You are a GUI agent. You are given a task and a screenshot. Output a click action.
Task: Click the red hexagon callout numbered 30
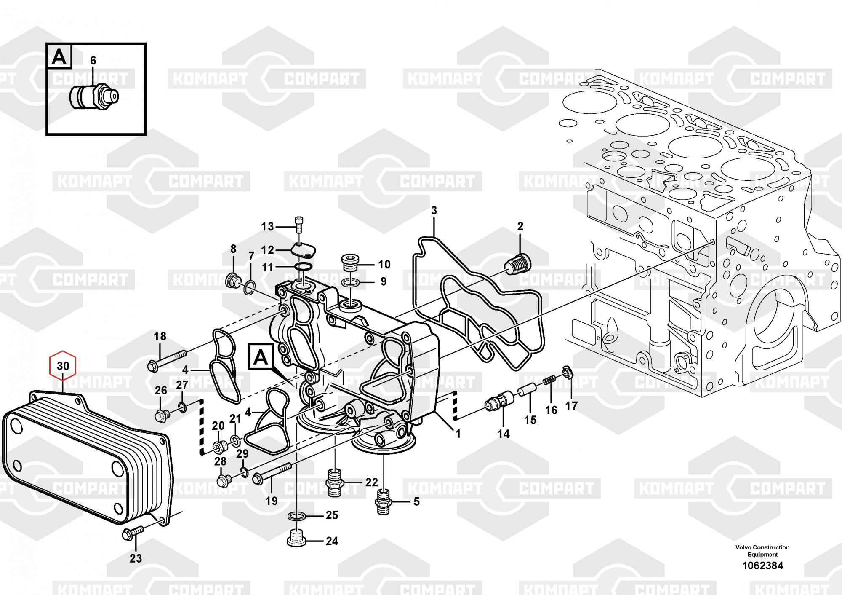pyautogui.click(x=63, y=365)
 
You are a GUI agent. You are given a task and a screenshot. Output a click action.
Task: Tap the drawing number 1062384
pyautogui.click(x=762, y=566)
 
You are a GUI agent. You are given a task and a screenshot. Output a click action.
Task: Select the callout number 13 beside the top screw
pyautogui.click(x=267, y=227)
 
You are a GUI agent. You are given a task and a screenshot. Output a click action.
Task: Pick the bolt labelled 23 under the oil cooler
pyautogui.click(x=132, y=533)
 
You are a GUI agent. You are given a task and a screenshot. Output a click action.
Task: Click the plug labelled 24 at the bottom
pyautogui.click(x=296, y=541)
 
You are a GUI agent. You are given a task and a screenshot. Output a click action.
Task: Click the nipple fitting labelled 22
pyautogui.click(x=336, y=481)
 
